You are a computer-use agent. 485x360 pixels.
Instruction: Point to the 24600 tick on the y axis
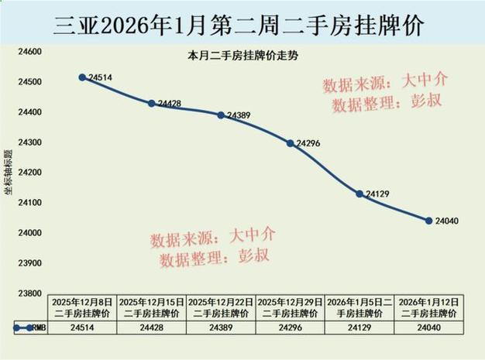[x=29, y=52]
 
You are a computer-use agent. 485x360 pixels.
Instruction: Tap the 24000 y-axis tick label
[x=29, y=233]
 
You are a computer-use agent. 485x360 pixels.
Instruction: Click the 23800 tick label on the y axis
[x=29, y=293]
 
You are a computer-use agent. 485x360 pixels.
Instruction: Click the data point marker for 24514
[x=82, y=77]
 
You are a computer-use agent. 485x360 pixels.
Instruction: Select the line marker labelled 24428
[x=152, y=103]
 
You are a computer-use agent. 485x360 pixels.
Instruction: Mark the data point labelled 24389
[x=221, y=115]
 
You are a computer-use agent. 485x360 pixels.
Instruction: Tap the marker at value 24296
[x=291, y=143]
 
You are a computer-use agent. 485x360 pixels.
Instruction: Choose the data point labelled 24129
[x=359, y=194]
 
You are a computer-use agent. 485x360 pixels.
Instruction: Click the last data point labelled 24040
[x=428, y=221]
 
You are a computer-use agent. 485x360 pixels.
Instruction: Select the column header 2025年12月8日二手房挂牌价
[x=82, y=307]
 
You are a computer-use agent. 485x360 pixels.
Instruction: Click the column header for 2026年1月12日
[x=428, y=307]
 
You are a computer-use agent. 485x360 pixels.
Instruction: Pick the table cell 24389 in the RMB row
[x=221, y=327]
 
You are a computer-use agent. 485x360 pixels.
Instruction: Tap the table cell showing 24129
[x=359, y=327]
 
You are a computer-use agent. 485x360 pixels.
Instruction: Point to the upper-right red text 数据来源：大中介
[x=385, y=81]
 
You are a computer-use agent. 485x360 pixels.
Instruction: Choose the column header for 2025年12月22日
[x=221, y=307]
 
